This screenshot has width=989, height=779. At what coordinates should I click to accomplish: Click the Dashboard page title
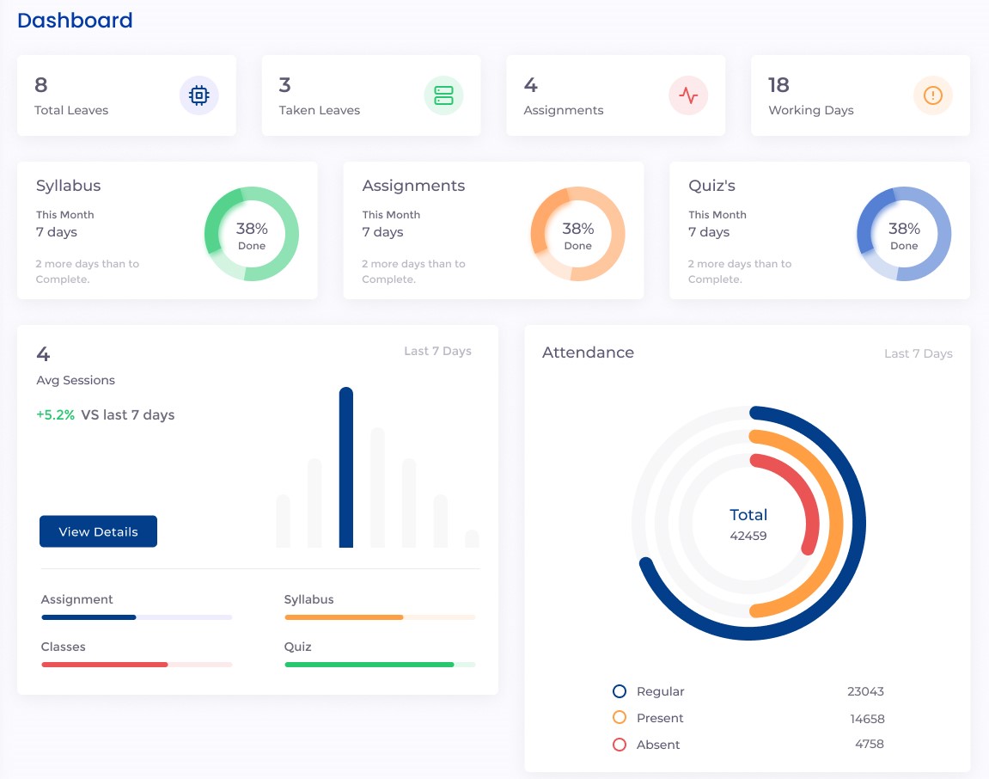coord(75,21)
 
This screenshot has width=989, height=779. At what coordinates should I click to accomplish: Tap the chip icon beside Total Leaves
coord(198,95)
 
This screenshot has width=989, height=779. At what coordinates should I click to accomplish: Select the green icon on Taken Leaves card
coord(443,95)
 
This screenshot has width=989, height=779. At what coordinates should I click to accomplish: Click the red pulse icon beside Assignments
coord(688,95)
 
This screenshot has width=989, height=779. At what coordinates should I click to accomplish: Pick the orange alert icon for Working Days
coord(932,95)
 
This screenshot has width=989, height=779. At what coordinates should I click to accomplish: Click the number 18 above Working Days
coord(778,85)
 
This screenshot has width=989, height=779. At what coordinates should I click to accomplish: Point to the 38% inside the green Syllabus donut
coord(252,229)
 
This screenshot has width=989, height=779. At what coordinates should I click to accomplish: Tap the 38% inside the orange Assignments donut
coord(578,229)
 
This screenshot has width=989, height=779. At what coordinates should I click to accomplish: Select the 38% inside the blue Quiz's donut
coord(904,229)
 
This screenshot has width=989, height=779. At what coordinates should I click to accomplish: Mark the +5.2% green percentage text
coord(55,414)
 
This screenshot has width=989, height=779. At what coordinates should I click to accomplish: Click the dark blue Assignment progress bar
coord(89,617)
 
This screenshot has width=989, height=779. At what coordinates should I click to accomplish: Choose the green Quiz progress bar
coord(369,665)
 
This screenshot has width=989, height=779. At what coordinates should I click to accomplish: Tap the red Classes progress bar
coord(104,665)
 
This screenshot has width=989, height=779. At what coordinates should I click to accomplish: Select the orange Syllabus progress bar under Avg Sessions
coord(344,617)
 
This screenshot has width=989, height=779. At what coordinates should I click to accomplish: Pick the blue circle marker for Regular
coord(620,691)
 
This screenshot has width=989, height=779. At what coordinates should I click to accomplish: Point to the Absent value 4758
coord(869,744)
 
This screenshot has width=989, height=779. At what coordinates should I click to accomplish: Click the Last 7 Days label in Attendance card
coord(918,353)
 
